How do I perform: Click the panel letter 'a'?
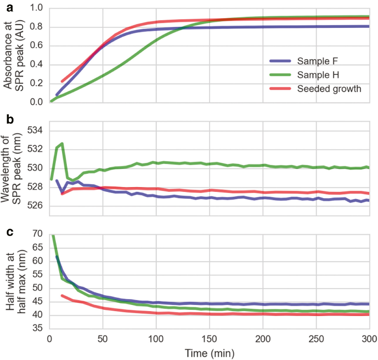click(x=10, y=8)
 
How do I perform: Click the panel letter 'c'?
click(x=10, y=232)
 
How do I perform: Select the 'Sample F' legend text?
click(x=317, y=61)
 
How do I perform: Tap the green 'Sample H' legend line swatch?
click(x=280, y=75)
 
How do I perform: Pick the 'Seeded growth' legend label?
click(x=329, y=89)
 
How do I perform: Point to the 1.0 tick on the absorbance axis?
click(x=36, y=8)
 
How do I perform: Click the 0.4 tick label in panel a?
click(x=36, y=64)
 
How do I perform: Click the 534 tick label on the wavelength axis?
click(x=35, y=130)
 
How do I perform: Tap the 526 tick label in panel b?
click(x=35, y=205)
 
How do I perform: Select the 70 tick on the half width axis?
click(x=37, y=234)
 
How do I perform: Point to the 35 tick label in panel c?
click(x=37, y=328)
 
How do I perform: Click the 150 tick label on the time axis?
click(x=209, y=339)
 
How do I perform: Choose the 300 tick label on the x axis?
click(x=369, y=339)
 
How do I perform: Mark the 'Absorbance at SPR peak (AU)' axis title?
click(x=13, y=55)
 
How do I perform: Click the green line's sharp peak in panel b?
click(x=62, y=143)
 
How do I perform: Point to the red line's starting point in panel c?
click(x=62, y=295)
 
